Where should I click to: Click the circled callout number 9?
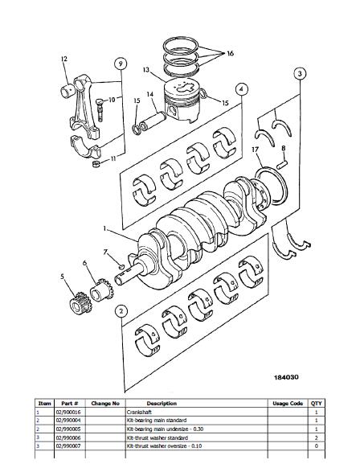(x=120, y=64)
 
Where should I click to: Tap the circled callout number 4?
(x=241, y=88)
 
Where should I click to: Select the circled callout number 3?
(x=300, y=74)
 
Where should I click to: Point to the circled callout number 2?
(x=121, y=310)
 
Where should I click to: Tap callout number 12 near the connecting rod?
(x=63, y=60)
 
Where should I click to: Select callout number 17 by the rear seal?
(x=254, y=150)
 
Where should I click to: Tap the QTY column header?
(x=317, y=404)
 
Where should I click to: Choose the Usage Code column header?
(x=287, y=404)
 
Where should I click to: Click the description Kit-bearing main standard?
(x=162, y=420)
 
